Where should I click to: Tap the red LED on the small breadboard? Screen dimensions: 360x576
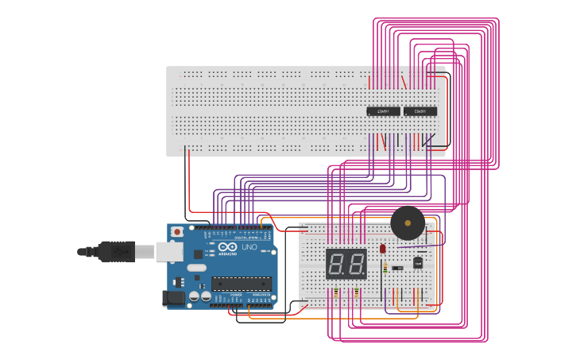coord(383,249)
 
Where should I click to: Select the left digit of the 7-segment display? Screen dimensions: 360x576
coord(337,263)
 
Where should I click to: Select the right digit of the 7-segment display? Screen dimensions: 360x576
coord(355,263)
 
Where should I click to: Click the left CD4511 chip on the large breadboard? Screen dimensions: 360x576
coord(383,111)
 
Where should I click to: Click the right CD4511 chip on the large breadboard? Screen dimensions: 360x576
coord(420,111)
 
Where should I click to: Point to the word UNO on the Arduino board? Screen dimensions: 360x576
coord(249,247)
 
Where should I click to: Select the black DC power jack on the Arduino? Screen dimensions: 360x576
coord(172,298)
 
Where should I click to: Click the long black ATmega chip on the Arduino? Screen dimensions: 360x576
coord(241,283)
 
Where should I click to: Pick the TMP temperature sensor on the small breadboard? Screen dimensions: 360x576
coord(417,262)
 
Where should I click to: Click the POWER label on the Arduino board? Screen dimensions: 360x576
coord(236,294)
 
